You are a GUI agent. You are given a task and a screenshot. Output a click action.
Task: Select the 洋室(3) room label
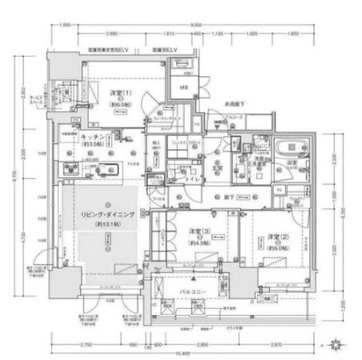point(200,233)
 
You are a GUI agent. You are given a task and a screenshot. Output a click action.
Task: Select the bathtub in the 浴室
point(286,150)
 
